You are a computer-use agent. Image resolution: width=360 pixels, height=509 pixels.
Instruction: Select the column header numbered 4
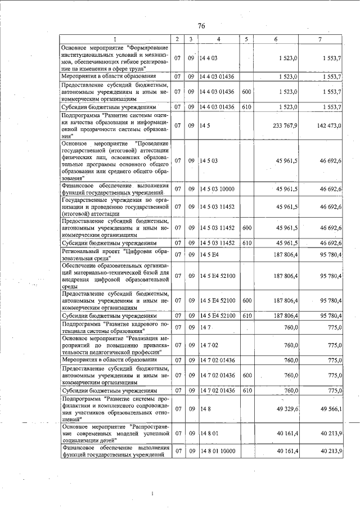tap(219, 39)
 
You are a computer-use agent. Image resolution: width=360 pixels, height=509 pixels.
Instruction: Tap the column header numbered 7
tap(319, 39)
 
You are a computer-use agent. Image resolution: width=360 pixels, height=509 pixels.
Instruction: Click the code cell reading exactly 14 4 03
tap(209, 58)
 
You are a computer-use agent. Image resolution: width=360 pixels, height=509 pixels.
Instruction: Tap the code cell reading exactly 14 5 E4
tap(208, 255)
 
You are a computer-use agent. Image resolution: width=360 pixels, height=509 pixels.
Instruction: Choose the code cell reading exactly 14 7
tap(204, 327)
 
